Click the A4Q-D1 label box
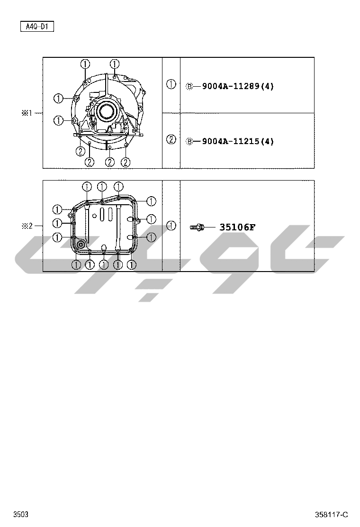coord(37,27)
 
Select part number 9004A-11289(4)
coord(238,86)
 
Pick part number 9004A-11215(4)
coord(238,142)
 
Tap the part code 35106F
coord(237,227)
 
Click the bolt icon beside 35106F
coord(197,227)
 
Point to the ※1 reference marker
coord(27,113)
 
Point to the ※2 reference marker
coord(27,226)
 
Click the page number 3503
coord(21,514)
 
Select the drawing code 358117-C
coord(332,515)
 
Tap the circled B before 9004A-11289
coord(189,86)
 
